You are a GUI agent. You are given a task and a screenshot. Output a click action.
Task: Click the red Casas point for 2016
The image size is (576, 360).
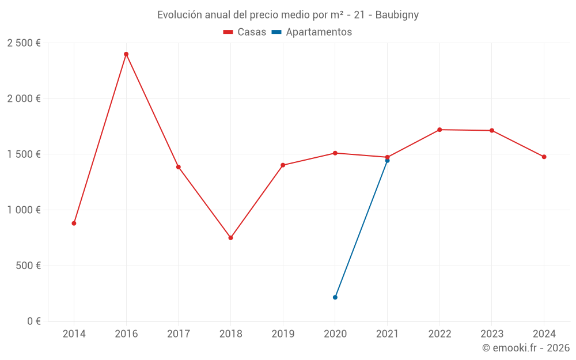pyautogui.click(x=126, y=54)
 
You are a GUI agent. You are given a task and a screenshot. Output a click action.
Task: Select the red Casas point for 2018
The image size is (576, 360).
pyautogui.click(x=230, y=238)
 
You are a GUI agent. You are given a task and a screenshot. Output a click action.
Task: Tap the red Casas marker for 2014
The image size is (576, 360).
pyautogui.click(x=74, y=223)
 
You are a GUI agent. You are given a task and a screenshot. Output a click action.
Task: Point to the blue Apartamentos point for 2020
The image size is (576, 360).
pyautogui.click(x=335, y=297)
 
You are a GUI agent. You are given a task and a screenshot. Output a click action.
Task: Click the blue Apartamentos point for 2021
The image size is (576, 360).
pyautogui.click(x=387, y=161)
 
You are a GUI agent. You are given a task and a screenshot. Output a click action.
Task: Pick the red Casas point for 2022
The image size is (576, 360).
pyautogui.click(x=439, y=130)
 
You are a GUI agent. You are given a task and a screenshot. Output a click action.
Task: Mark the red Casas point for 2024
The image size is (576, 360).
pyautogui.click(x=544, y=157)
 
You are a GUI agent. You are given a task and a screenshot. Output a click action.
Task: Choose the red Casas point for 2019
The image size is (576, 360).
pyautogui.click(x=283, y=165)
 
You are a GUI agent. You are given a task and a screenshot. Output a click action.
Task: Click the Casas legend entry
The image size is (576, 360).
pyautogui.click(x=245, y=32)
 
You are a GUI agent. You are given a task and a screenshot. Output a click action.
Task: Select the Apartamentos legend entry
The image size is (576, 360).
pyautogui.click(x=312, y=32)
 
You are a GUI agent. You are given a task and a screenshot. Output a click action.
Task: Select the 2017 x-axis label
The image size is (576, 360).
pyautogui.click(x=178, y=334)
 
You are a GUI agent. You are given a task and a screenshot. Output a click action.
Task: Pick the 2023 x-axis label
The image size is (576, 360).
pyautogui.click(x=491, y=334)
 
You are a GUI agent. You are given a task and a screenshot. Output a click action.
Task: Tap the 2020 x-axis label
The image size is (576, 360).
pyautogui.click(x=335, y=334)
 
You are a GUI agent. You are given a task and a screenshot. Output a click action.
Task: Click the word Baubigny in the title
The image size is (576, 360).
pyautogui.click(x=397, y=15)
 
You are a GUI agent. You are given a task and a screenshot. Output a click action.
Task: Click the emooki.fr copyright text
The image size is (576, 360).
pyautogui.click(x=526, y=348)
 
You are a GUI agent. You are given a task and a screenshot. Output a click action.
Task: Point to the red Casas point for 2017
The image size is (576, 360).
pyautogui.click(x=179, y=167)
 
